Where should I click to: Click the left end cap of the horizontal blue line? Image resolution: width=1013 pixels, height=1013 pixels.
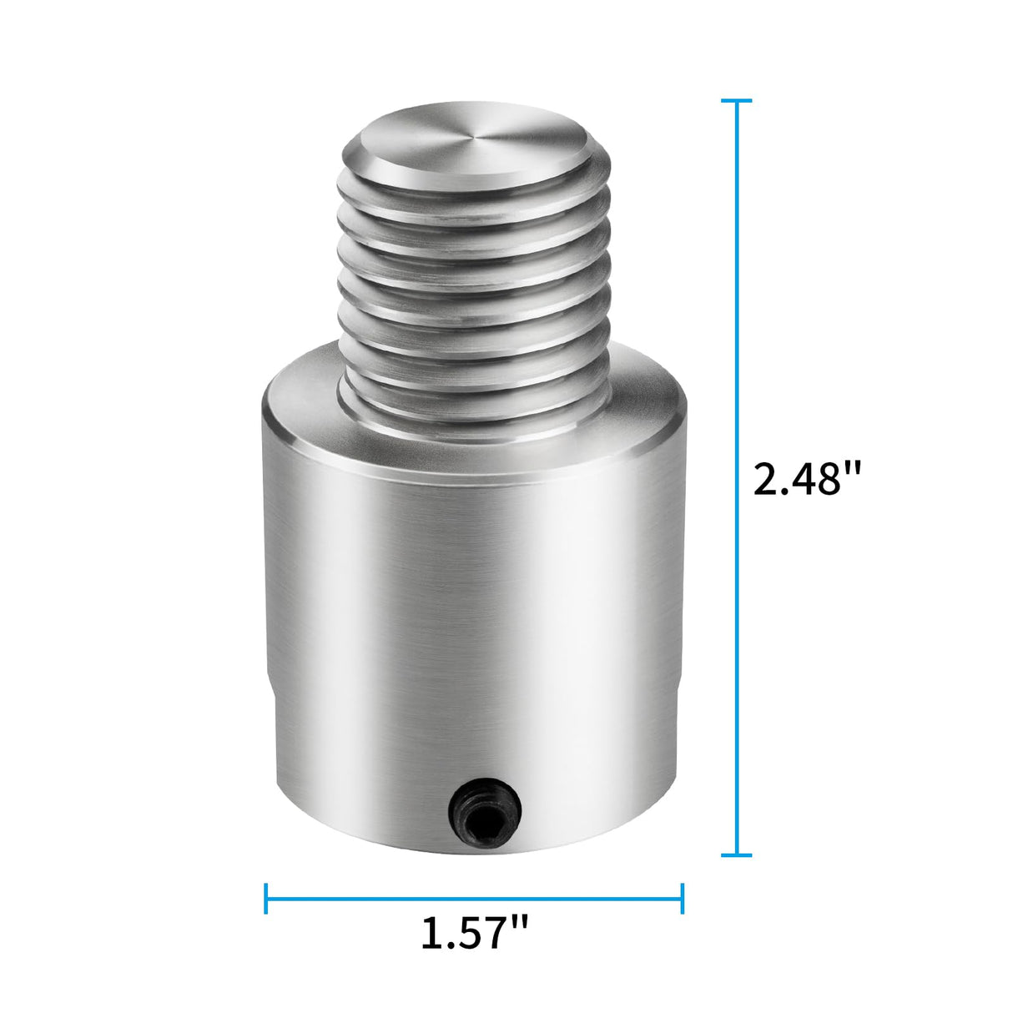pos(266,898)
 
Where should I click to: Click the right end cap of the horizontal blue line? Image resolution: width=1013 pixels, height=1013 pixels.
pos(683,898)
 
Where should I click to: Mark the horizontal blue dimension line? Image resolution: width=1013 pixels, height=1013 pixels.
pos(474,898)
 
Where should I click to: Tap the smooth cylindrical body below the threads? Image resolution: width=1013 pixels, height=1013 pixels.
pos(474,601)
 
